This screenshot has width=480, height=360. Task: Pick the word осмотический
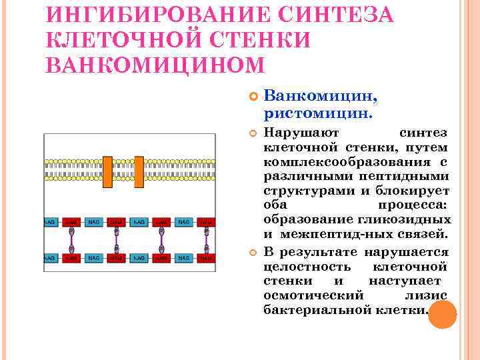point(313,295)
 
